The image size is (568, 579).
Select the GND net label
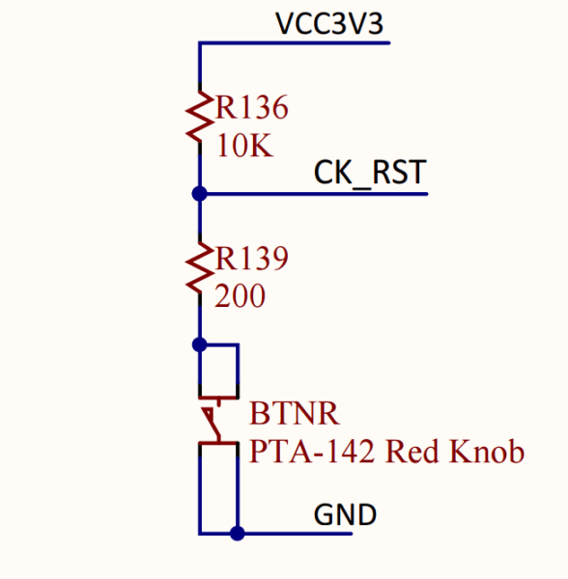(345, 515)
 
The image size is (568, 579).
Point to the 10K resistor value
(245, 147)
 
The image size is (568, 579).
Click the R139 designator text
(253, 259)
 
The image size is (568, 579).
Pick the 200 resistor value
(241, 297)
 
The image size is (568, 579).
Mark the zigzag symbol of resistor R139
(200, 270)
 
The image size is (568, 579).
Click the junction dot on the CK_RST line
(200, 194)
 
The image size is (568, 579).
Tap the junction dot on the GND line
(237, 532)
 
